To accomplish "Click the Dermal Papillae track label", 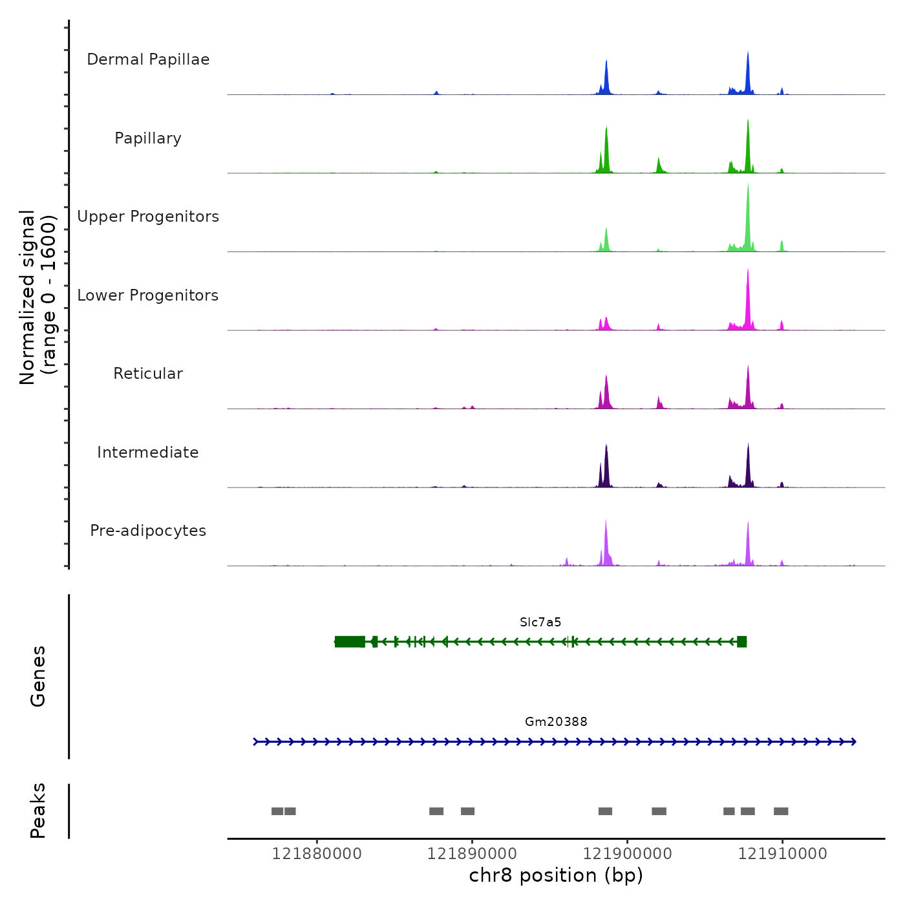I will pyautogui.click(x=148, y=59).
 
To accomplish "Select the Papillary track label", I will pyautogui.click(x=148, y=138).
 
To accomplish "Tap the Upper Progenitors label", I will pyautogui.click(x=148, y=217).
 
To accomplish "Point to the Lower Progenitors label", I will pyautogui.click(x=148, y=295).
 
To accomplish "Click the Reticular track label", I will pyautogui.click(x=148, y=374).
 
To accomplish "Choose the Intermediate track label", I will pyautogui.click(x=148, y=452).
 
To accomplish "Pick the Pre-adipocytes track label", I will pyautogui.click(x=148, y=531).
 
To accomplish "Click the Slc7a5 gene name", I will pyautogui.click(x=540, y=623).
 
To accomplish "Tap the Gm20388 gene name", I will pyautogui.click(x=556, y=722).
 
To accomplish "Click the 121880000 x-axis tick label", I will pyautogui.click(x=317, y=854).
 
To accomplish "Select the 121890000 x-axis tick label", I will pyautogui.click(x=472, y=854).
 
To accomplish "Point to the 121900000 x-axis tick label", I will pyautogui.click(x=627, y=854).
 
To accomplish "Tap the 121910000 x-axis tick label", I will pyautogui.click(x=782, y=854).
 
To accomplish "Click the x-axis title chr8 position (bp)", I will pyautogui.click(x=556, y=875).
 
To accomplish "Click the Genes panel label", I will pyautogui.click(x=38, y=676).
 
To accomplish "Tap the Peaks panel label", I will pyautogui.click(x=38, y=811).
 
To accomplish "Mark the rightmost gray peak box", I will pyautogui.click(x=781, y=811).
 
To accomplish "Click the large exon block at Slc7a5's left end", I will pyautogui.click(x=350, y=641).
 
